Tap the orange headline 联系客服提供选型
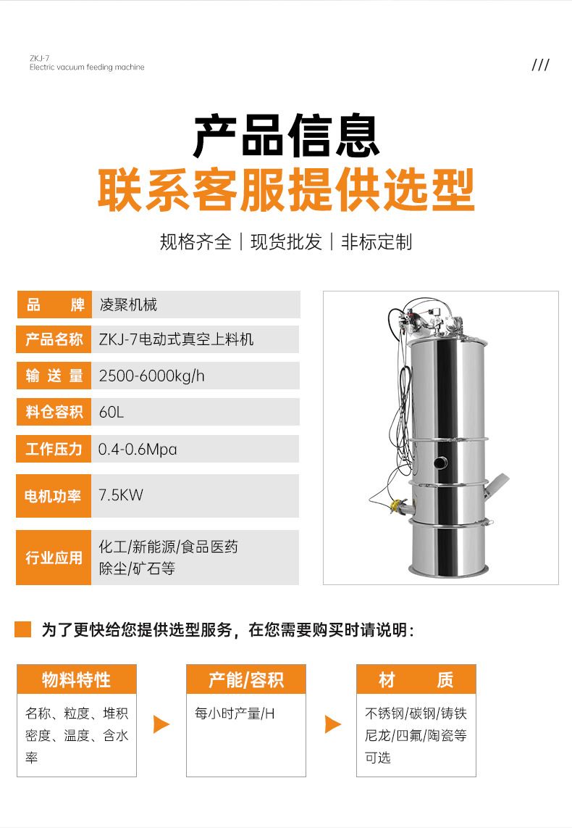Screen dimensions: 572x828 click(286, 189)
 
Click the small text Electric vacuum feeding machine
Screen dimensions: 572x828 click(87, 67)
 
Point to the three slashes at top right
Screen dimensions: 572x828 click(540, 65)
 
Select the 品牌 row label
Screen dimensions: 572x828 click(54, 305)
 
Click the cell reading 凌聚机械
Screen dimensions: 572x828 click(128, 305)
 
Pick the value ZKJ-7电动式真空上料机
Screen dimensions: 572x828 click(176, 339)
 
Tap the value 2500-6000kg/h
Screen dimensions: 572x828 click(151, 376)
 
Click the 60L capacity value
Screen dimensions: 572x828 click(112, 412)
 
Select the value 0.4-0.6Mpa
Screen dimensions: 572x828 click(138, 450)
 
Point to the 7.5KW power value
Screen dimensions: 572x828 click(121, 495)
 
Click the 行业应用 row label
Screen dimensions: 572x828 click(54, 558)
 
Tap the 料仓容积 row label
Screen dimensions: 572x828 click(54, 412)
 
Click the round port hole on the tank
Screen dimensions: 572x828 click(440, 463)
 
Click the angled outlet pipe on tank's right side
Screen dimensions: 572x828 click(495, 485)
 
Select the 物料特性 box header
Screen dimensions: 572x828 click(77, 679)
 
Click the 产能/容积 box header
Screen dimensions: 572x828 click(246, 679)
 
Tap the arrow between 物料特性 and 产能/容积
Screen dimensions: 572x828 click(161, 724)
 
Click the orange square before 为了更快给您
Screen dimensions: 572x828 click(22, 629)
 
